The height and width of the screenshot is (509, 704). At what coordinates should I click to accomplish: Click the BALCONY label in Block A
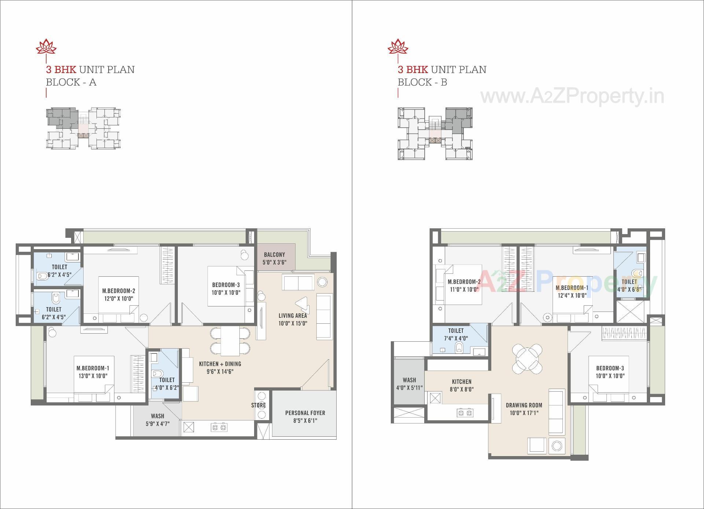(x=274, y=254)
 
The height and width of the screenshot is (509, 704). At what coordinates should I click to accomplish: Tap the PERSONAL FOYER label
(x=305, y=413)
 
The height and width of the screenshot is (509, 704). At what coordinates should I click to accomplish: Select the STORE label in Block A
(x=258, y=405)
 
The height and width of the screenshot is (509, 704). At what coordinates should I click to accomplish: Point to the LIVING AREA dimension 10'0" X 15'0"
(x=293, y=323)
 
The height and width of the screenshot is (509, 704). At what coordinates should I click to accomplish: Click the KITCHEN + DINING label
(x=220, y=364)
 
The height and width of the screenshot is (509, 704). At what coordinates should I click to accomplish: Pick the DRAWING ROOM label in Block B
(x=524, y=405)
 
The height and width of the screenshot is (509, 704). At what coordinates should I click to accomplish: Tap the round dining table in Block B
(x=527, y=358)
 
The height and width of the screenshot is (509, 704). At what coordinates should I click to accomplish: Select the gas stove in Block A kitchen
(x=219, y=427)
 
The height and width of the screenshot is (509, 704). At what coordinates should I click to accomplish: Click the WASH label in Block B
(x=409, y=380)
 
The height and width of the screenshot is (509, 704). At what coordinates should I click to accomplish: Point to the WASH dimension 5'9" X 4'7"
(x=157, y=423)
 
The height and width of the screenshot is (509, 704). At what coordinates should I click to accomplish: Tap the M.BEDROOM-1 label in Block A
(x=93, y=368)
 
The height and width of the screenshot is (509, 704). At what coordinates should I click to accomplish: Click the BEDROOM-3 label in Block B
(x=610, y=368)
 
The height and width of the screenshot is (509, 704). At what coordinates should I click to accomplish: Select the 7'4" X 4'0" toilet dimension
(x=456, y=338)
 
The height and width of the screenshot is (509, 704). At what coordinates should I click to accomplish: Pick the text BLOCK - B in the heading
(x=422, y=82)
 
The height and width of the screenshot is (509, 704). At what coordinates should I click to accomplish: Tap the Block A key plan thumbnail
(x=84, y=128)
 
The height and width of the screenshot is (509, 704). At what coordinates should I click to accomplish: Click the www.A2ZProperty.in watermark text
(x=572, y=96)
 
